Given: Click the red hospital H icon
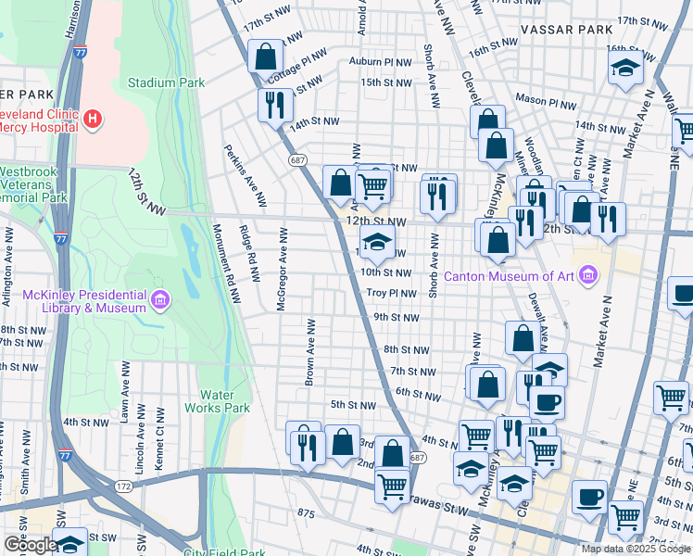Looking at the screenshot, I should pos(93,119).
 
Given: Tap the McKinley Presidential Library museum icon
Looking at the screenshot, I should pos(160,299).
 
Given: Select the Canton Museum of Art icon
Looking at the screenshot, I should pos(587,274).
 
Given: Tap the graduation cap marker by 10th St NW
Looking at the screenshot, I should pos(377,244).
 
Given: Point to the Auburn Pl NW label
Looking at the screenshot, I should pos(380,62).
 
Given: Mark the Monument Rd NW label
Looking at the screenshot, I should pos(228,264).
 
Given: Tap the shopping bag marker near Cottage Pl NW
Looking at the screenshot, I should pos(265,56).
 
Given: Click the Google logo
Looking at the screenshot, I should pos(30,544).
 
